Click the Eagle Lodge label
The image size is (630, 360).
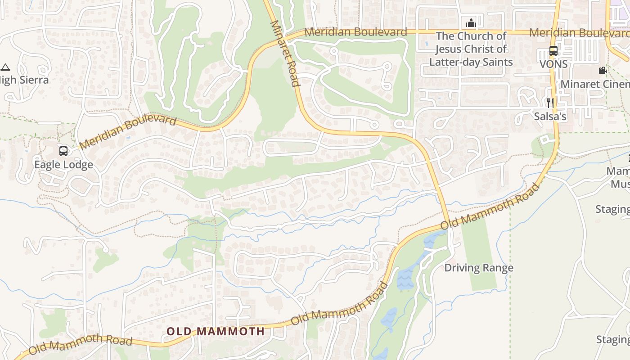(x=63, y=164)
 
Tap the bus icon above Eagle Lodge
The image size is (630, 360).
(x=63, y=151)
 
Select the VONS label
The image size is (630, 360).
(x=553, y=64)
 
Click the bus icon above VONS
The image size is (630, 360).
(x=553, y=51)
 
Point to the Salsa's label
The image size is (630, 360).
(x=550, y=116)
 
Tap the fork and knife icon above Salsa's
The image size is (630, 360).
(x=550, y=103)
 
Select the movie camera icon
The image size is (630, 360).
(x=603, y=70)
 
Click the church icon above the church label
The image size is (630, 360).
(x=471, y=22)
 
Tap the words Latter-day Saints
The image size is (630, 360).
(x=471, y=62)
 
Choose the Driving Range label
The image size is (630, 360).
(x=479, y=268)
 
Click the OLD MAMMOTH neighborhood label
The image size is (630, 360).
(x=215, y=332)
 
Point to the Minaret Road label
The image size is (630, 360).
(x=284, y=53)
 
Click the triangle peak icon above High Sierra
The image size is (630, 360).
(x=5, y=67)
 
